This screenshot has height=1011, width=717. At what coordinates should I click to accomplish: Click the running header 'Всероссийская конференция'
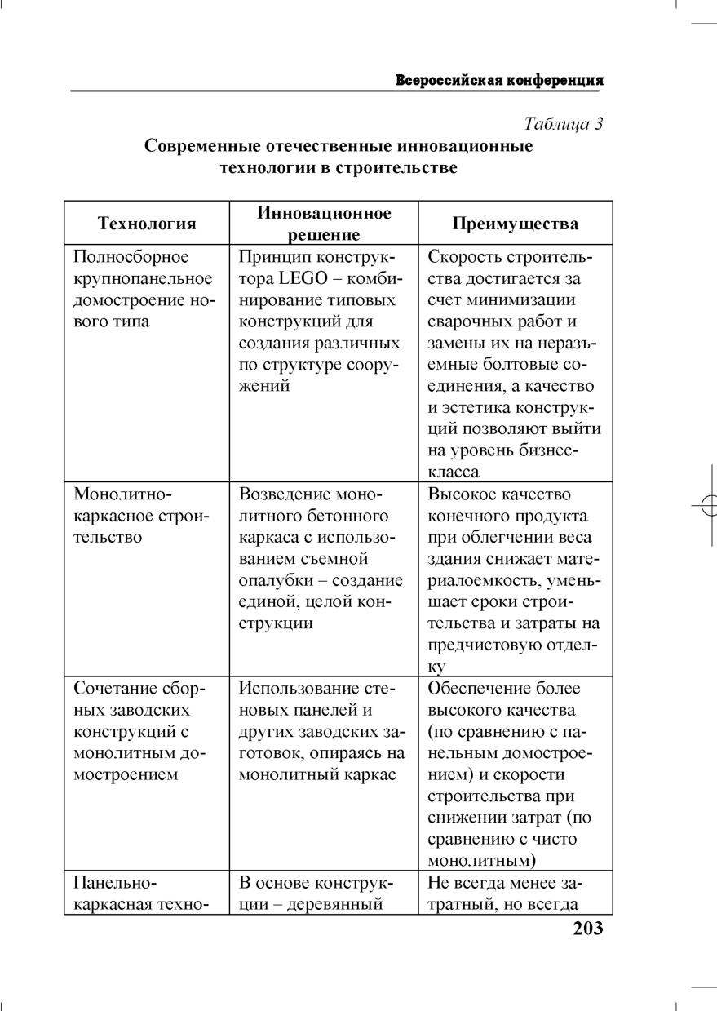click(499, 81)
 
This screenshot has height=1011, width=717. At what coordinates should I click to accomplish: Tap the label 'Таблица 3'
click(563, 124)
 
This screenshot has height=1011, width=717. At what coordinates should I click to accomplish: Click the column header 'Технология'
click(147, 224)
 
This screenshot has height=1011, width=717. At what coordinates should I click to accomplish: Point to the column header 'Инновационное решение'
click(324, 224)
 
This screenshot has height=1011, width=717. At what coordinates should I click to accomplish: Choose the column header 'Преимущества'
click(516, 224)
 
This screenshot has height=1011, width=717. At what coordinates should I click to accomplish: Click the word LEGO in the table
click(300, 279)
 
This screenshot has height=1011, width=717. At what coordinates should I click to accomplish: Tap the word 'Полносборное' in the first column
click(131, 258)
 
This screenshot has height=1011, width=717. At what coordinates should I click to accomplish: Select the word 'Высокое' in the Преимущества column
click(460, 495)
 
